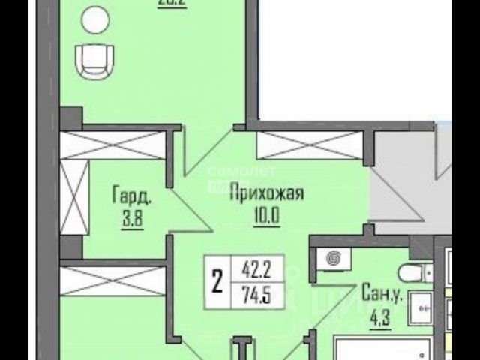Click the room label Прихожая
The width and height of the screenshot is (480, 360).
[266, 194]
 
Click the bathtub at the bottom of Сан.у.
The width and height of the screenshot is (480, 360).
[382, 349]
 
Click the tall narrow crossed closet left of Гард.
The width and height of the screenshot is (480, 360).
[73, 196]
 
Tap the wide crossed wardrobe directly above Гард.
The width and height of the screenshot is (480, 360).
[112, 145]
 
